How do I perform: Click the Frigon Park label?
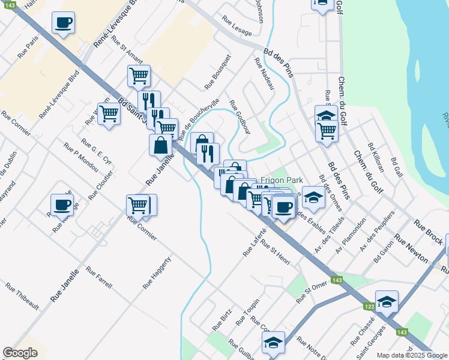[x=282, y=180]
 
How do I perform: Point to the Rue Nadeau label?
[x=264, y=74]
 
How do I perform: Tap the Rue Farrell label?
[x=100, y=277]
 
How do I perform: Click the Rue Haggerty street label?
[x=157, y=273]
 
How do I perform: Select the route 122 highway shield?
[x=369, y=307]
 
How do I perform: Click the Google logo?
[x=20, y=353]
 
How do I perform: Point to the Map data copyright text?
[x=412, y=355]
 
